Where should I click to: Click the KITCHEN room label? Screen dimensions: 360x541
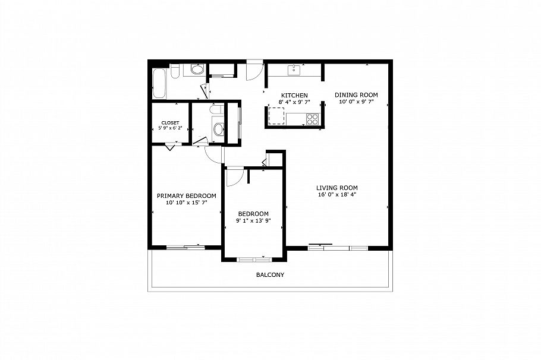coord(294,95)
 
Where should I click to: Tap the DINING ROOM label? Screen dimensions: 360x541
coord(356,94)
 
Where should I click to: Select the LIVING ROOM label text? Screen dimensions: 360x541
coord(336,187)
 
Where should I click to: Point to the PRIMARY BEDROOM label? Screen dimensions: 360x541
coord(186,195)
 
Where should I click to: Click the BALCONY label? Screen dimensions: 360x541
coord(270,275)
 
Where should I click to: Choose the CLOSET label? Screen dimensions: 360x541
coord(169,123)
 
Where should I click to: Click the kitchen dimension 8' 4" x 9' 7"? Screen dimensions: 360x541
coord(294,102)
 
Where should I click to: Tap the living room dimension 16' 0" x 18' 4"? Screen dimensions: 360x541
coord(336,194)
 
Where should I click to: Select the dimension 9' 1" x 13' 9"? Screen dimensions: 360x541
coord(253,221)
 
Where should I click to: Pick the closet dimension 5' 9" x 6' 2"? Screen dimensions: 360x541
coord(169,130)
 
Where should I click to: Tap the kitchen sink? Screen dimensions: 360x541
coord(294,71)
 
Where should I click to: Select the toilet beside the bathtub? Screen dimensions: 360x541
coord(175,72)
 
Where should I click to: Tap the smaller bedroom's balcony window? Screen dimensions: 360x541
coord(254,258)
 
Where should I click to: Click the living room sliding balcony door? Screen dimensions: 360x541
coord(338,246)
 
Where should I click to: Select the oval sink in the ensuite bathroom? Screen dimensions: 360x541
coord(218,130)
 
